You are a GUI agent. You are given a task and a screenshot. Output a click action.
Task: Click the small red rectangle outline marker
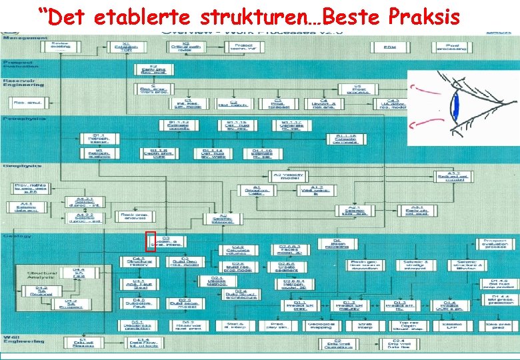coord(151,241)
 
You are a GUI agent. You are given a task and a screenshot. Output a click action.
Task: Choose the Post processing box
coord(451,46)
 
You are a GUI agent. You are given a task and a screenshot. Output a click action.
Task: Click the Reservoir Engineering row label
coord(23,82)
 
